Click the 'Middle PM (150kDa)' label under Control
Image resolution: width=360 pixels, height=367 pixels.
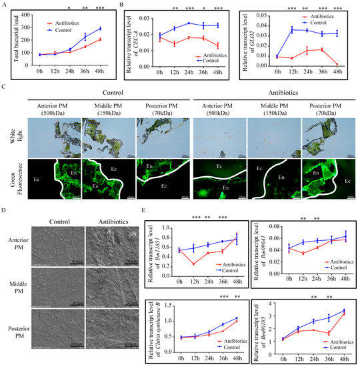coord(99,111)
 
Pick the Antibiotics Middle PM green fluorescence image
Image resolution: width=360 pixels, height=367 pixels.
coord(266,178)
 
